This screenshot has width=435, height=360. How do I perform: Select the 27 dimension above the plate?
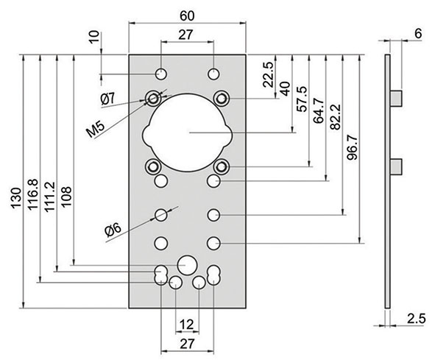pyautogui.click(x=187, y=33)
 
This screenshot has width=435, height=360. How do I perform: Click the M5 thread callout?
pyautogui.click(x=95, y=129)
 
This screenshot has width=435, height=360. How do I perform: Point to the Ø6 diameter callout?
pyautogui.click(x=113, y=230)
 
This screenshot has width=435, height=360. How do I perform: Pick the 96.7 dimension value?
pyautogui.click(x=352, y=147)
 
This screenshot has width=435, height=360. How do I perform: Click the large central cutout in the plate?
pyautogui.click(x=187, y=132)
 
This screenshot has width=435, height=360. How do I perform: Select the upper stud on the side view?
pyautogui.click(x=395, y=98)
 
